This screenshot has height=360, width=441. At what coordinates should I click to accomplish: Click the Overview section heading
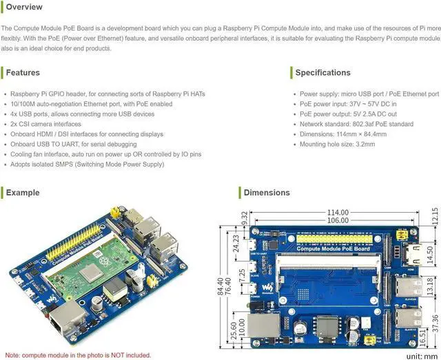(24, 7)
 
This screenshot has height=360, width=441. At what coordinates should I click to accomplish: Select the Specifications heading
(322, 72)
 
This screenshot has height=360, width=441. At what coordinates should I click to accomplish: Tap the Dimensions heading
(267, 193)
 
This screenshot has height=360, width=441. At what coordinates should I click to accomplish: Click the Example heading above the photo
(23, 193)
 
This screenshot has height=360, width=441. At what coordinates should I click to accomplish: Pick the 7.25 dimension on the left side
(241, 275)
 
